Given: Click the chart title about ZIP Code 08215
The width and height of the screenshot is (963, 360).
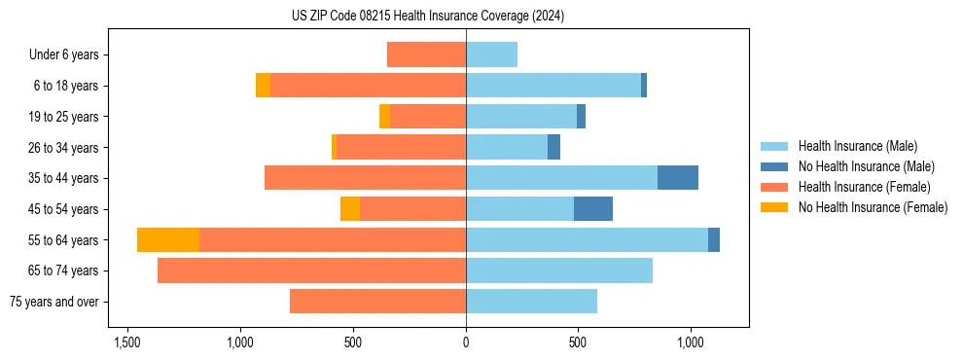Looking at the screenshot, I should click(427, 17).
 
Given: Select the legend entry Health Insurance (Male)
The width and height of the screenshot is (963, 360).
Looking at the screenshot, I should click(857, 146).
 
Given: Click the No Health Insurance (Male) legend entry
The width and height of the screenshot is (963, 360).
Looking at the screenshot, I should click(865, 166).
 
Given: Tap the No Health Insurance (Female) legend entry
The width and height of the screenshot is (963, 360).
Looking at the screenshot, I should click(872, 207).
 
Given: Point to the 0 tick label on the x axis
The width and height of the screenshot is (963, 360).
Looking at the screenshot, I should click(466, 343).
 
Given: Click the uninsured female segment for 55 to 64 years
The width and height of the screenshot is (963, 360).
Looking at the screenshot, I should click(168, 239).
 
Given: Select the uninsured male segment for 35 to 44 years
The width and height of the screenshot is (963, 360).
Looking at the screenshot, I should click(678, 178).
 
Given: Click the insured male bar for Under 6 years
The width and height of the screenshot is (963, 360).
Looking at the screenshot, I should click(491, 54).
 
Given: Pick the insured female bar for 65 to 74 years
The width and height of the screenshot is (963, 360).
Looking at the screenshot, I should click(311, 270).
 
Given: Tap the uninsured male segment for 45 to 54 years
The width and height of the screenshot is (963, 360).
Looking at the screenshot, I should click(593, 209).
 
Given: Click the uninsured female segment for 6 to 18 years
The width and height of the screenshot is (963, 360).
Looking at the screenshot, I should click(263, 86).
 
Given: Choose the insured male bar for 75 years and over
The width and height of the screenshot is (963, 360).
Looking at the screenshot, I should click(531, 302).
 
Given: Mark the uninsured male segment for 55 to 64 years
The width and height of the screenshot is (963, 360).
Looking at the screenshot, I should click(714, 239).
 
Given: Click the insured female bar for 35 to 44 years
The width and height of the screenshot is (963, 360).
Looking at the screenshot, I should click(365, 178).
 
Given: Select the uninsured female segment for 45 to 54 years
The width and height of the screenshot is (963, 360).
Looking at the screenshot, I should click(350, 209).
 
